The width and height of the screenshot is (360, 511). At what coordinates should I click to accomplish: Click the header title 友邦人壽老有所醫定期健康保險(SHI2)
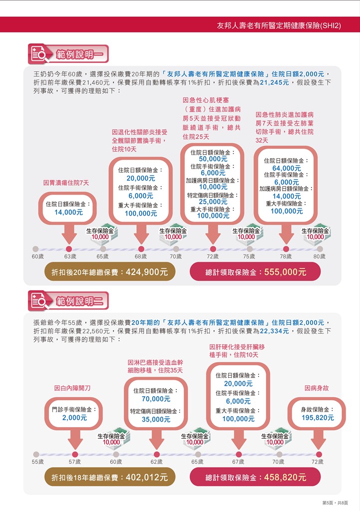(279, 25)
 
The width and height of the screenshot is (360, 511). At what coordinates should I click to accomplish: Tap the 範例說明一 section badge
(68, 54)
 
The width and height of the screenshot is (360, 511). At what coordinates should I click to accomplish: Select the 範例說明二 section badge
(68, 301)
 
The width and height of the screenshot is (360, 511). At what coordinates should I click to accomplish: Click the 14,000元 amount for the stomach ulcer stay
(68, 212)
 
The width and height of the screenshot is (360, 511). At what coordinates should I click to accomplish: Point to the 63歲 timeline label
(70, 256)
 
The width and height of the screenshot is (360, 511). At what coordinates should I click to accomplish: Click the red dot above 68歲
(141, 250)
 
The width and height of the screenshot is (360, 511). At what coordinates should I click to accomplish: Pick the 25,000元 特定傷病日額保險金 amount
(213, 202)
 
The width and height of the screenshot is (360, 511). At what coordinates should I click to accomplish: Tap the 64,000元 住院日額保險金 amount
(287, 168)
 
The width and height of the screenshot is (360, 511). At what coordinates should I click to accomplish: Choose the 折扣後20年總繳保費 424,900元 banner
(110, 271)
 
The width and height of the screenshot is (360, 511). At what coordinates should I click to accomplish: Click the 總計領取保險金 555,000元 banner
(255, 271)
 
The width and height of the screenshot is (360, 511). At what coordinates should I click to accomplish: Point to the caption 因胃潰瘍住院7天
(66, 183)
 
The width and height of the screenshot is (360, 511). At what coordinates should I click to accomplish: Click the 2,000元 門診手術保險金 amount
(75, 418)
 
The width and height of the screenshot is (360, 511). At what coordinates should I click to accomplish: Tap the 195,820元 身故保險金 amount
(318, 418)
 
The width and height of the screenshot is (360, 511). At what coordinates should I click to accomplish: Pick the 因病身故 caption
(317, 388)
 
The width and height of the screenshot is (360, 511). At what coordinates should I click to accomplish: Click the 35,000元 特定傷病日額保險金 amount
(156, 419)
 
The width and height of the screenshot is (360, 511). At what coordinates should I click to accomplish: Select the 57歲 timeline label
(75, 462)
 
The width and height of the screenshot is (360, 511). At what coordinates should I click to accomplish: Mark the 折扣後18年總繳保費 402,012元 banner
(110, 477)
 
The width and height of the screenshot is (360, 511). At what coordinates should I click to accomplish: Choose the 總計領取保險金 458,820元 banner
(255, 477)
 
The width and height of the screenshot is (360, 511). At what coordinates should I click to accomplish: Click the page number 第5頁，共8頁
(335, 503)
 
